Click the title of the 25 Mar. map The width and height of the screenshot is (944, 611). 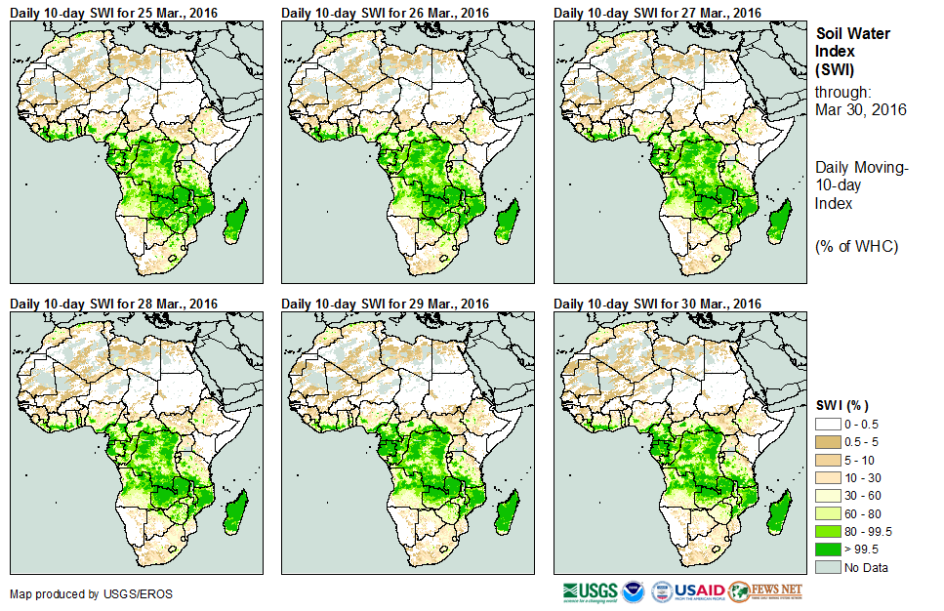[113, 12]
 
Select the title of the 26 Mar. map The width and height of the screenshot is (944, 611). [385, 12]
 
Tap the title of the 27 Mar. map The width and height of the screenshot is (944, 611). [657, 12]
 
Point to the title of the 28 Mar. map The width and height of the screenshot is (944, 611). [113, 304]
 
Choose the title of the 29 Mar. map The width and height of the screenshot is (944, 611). [385, 304]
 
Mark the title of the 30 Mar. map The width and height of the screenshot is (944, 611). [657, 304]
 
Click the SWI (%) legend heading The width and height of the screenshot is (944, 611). [842, 405]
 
